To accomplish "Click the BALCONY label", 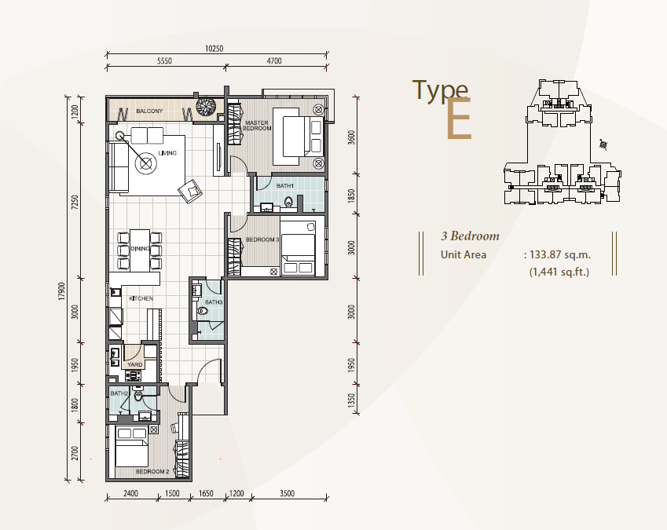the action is [149, 111].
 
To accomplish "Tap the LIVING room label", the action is [167, 153].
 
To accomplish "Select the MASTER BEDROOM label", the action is [257, 126].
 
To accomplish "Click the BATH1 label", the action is [284, 186].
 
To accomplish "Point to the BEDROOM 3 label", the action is [262, 239].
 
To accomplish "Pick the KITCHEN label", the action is [141, 298].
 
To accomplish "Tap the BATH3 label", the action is [214, 302].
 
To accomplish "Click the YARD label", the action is [135, 364].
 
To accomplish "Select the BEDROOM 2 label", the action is [152, 471].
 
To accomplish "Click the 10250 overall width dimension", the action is [214, 49].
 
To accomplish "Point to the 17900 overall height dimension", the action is [62, 291].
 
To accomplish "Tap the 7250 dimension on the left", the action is [75, 202].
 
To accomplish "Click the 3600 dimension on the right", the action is [351, 137].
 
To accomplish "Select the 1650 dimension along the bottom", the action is [206, 493].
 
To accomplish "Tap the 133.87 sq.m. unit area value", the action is [560, 254].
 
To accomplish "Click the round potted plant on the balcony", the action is [207, 106].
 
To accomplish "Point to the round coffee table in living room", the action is [146, 163].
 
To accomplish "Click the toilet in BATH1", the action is [289, 203].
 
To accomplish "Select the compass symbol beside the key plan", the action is [603, 145].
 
